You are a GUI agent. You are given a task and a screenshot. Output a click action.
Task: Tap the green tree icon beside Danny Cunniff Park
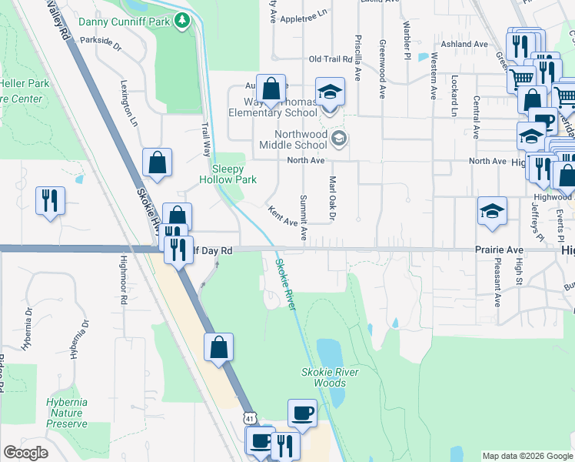[182, 20]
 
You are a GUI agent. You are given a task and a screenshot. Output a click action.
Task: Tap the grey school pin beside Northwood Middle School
[338, 139]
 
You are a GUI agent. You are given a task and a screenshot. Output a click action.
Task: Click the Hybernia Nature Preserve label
[66, 413]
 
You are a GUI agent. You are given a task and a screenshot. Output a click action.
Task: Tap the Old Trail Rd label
[330, 59]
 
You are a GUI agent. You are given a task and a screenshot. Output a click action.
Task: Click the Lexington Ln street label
[128, 102]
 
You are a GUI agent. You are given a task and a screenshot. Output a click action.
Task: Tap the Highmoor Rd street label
[122, 283]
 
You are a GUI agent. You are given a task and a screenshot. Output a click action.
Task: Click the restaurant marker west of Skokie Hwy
[50, 200]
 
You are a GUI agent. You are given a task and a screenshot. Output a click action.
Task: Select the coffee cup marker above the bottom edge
[302, 413]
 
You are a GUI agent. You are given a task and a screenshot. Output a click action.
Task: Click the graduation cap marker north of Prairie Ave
[492, 210]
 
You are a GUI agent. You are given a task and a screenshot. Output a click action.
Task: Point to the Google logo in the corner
[25, 453]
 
